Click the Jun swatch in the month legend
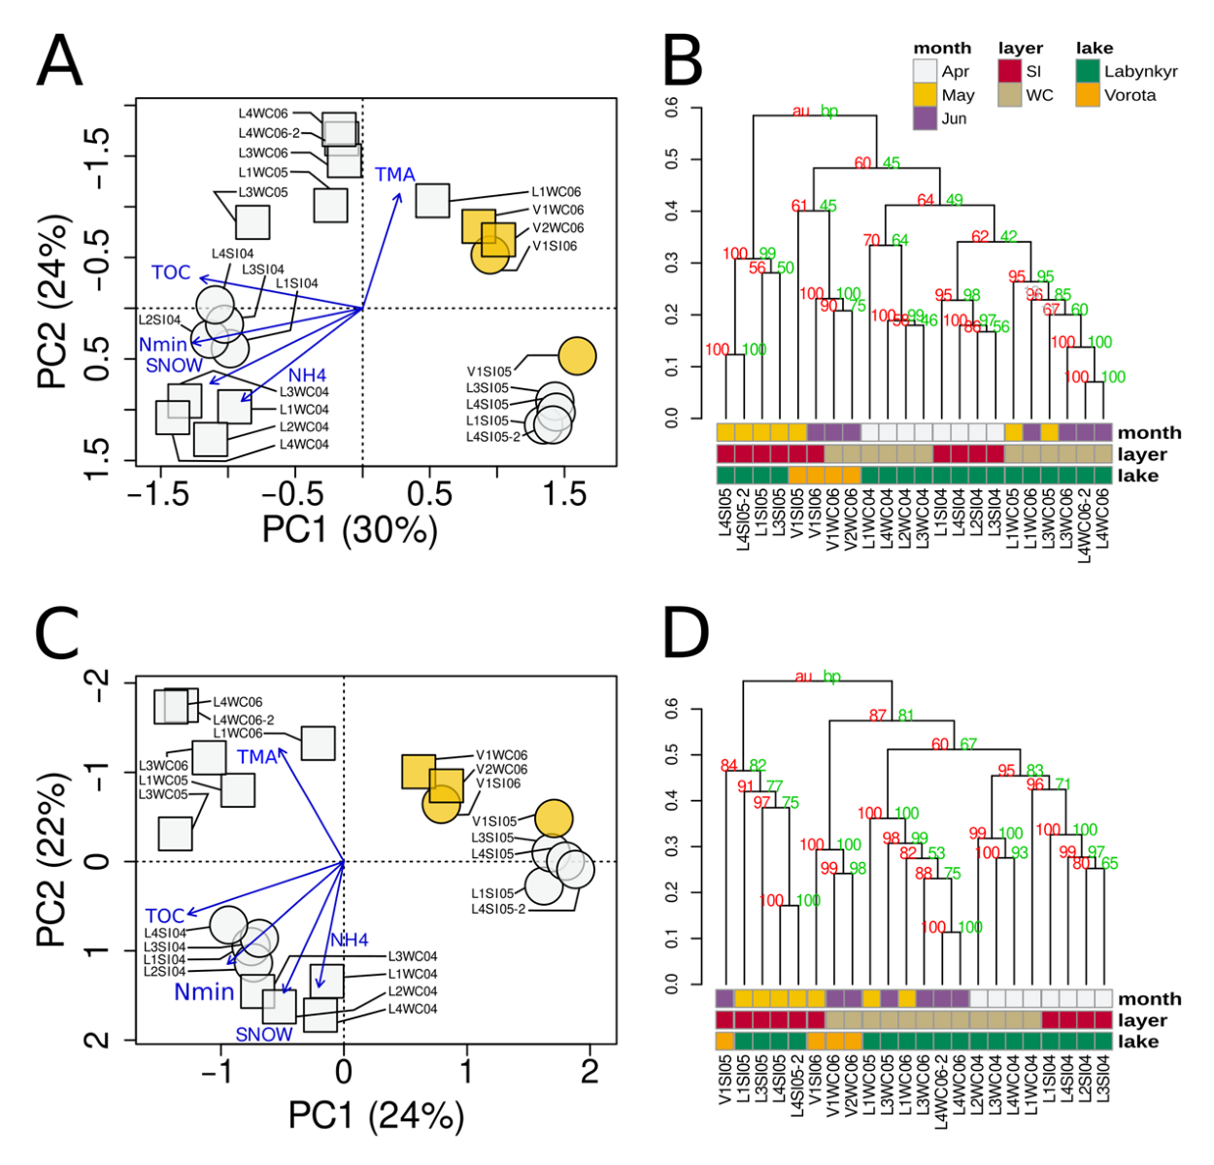[x=925, y=118]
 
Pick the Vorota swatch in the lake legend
[x=1088, y=95]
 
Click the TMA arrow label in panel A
[x=395, y=175]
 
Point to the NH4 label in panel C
[x=350, y=940]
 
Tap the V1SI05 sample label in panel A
[x=489, y=371]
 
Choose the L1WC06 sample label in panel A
[x=556, y=192]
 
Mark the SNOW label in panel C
[x=263, y=1035]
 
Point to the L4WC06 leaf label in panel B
[x=1103, y=523]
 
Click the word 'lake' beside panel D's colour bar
[x=1138, y=1042]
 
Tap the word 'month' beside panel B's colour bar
[x=1149, y=433]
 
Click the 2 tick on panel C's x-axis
[x=590, y=1072]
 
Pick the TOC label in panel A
[x=171, y=273]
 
